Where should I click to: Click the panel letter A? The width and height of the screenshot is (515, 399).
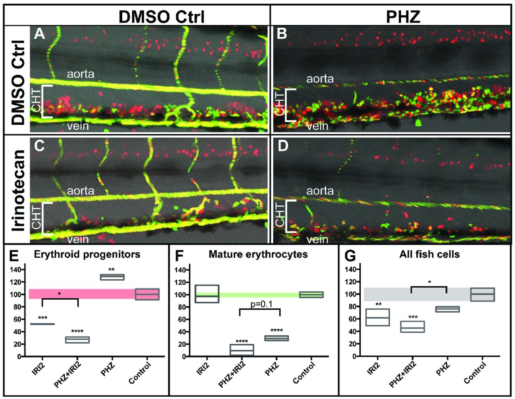(x=39, y=35)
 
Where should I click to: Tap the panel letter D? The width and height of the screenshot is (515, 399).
(x=282, y=146)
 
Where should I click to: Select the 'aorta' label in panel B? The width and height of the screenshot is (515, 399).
(x=320, y=79)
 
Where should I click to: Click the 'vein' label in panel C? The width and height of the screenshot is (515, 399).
(x=78, y=239)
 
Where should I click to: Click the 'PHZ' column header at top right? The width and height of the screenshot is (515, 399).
(x=404, y=17)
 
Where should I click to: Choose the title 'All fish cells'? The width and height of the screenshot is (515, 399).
(x=430, y=254)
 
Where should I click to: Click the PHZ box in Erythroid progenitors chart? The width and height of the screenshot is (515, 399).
(x=112, y=277)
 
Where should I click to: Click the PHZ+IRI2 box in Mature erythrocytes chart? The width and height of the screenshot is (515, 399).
(x=242, y=350)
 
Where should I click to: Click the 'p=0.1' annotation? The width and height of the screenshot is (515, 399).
(x=260, y=304)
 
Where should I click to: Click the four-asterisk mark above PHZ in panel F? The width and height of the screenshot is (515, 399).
(x=276, y=331)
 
